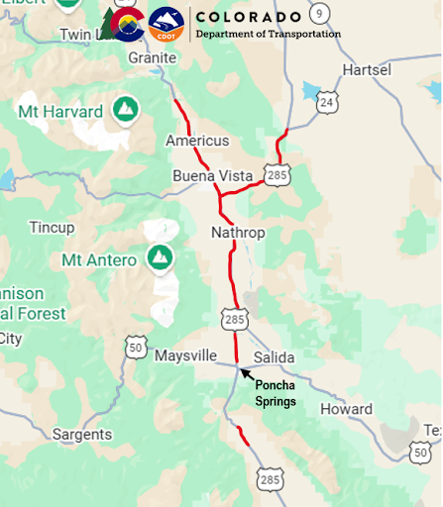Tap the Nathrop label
click(237, 233)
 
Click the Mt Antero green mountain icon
click(159, 258)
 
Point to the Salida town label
click(275, 356)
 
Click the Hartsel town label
click(368, 69)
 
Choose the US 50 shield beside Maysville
click(137, 347)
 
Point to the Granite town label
click(152, 57)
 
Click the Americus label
click(197, 141)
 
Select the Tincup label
click(52, 227)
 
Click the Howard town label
click(347, 409)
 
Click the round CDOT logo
click(166, 24)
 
